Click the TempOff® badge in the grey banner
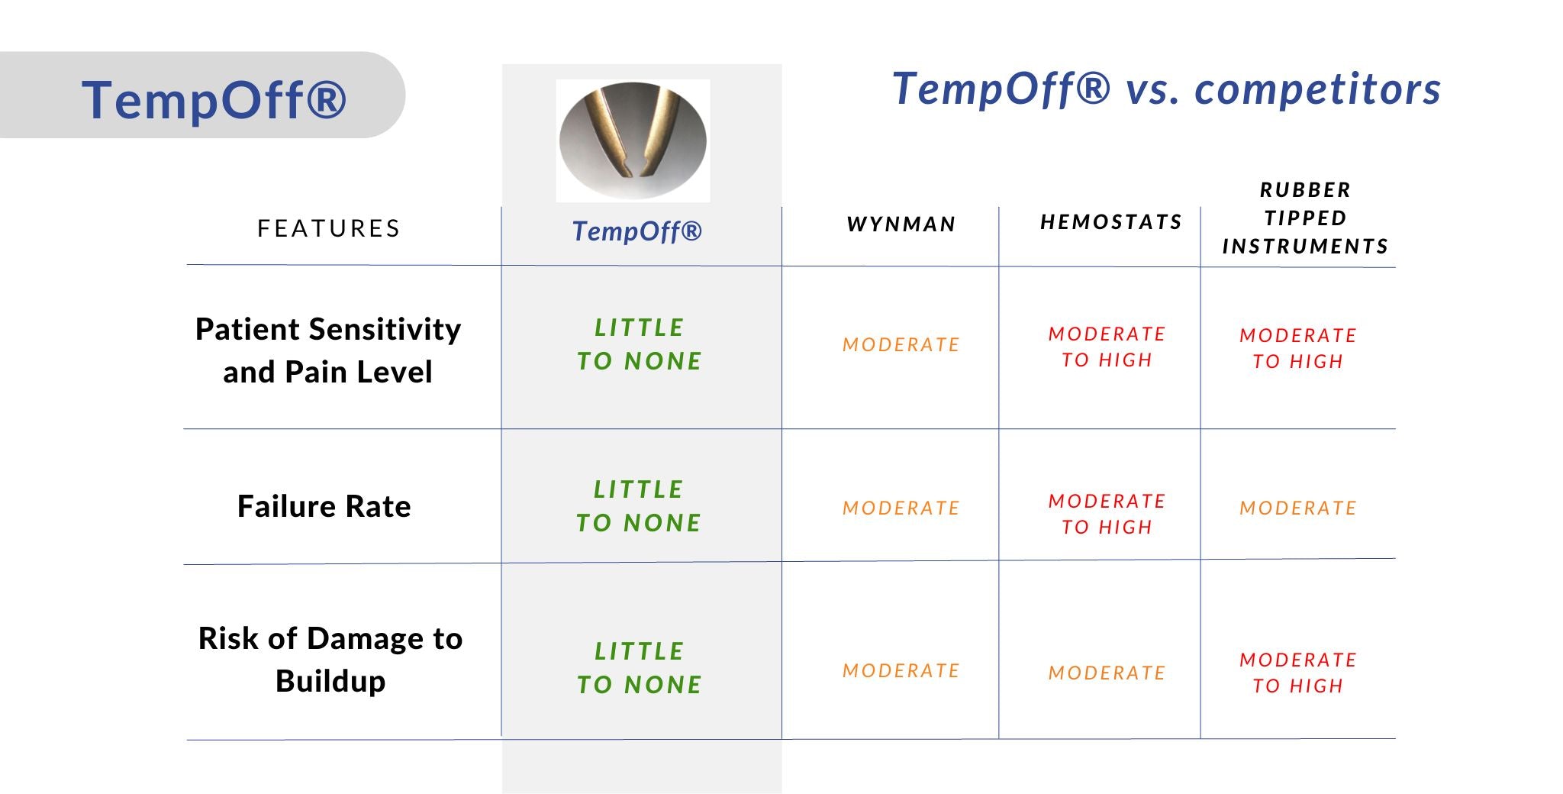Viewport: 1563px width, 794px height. [x=214, y=99]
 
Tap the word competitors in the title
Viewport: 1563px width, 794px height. [x=1317, y=89]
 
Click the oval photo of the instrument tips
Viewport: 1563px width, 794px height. [x=633, y=141]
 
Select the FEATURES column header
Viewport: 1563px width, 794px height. [x=329, y=228]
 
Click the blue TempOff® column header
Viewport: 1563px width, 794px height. [x=637, y=231]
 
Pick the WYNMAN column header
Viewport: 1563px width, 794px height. [x=901, y=224]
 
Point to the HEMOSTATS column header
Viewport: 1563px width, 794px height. [x=1111, y=222]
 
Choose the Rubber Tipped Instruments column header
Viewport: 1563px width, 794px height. [x=1305, y=218]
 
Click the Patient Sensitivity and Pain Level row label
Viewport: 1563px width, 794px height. [x=328, y=350]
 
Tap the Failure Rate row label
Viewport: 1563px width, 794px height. [x=324, y=506]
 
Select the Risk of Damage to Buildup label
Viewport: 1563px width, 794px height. [x=330, y=660]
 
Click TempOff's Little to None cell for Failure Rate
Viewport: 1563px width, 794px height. [x=639, y=506]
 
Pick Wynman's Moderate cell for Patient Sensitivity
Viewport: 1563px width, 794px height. [x=901, y=345]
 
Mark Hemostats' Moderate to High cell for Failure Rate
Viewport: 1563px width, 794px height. [x=1107, y=514]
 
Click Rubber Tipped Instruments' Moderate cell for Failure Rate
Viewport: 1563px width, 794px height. [x=1298, y=508]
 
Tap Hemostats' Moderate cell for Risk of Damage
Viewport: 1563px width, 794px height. [x=1107, y=673]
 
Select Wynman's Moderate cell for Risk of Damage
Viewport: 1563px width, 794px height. [x=901, y=671]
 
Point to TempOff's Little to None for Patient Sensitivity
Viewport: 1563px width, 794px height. [x=640, y=344]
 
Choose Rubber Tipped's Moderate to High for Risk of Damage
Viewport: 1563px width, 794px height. [x=1298, y=673]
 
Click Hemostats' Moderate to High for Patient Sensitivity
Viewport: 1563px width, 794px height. [x=1107, y=347]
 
